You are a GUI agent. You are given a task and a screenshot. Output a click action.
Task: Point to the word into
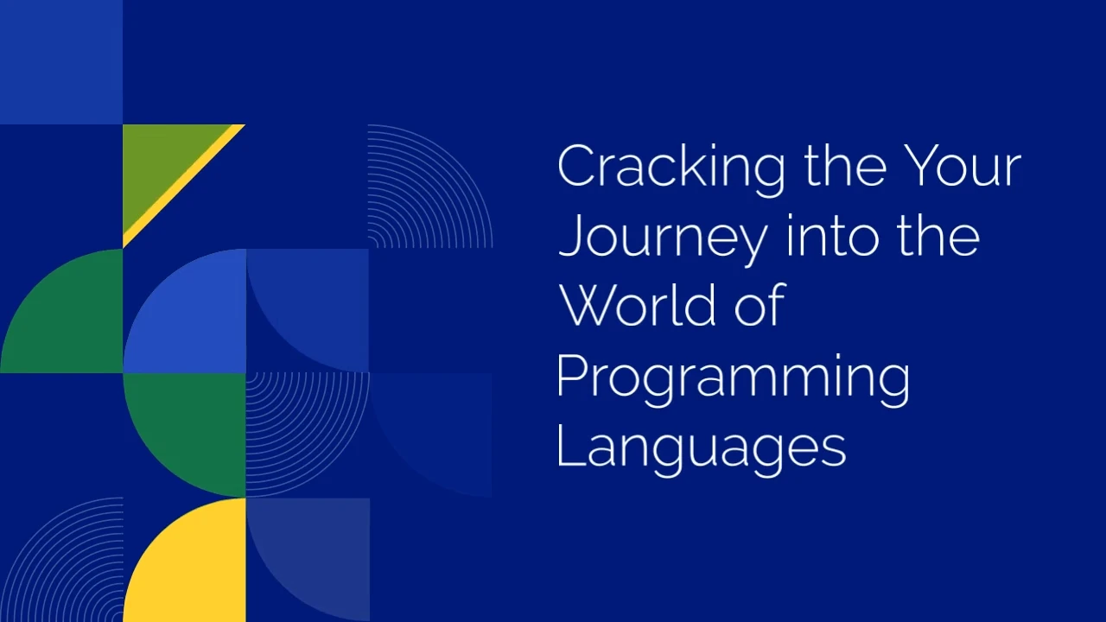[x=835, y=237]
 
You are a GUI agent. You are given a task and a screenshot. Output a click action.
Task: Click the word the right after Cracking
[x=845, y=166]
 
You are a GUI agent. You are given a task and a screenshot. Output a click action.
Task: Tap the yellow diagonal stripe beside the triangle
[x=184, y=186]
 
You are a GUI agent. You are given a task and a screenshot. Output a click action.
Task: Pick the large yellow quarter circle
[x=185, y=560]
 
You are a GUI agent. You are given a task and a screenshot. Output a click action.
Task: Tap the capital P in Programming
[x=572, y=376]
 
